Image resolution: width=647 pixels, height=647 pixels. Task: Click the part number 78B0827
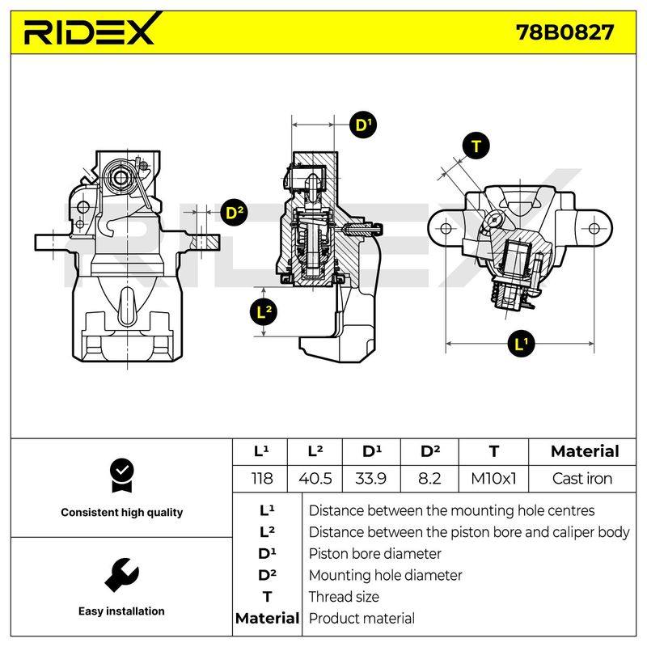565,32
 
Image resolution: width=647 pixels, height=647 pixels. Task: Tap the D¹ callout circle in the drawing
362,125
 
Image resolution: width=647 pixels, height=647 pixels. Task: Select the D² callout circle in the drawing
235,213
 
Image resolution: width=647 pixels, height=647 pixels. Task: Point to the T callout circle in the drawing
476,146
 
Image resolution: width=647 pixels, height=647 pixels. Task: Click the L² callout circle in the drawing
264,312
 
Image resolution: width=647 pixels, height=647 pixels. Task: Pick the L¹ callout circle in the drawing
521,343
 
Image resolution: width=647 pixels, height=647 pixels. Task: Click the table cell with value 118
261,479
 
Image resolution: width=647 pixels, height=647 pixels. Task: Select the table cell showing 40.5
315,479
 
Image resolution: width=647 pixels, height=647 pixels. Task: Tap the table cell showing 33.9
371,479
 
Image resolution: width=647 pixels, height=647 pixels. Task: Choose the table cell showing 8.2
429,479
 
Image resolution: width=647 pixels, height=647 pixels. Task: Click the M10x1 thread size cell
493,479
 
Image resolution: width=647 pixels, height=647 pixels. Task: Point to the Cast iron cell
582,479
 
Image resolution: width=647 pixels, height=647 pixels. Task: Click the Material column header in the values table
585,451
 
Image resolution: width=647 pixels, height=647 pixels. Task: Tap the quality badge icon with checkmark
122,476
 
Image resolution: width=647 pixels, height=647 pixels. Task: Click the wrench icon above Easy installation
122,575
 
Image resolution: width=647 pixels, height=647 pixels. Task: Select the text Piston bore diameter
374,554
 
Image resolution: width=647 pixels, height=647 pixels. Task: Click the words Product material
362,618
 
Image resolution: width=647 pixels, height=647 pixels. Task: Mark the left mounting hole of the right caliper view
446,228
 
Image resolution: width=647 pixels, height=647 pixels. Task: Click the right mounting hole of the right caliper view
594,228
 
